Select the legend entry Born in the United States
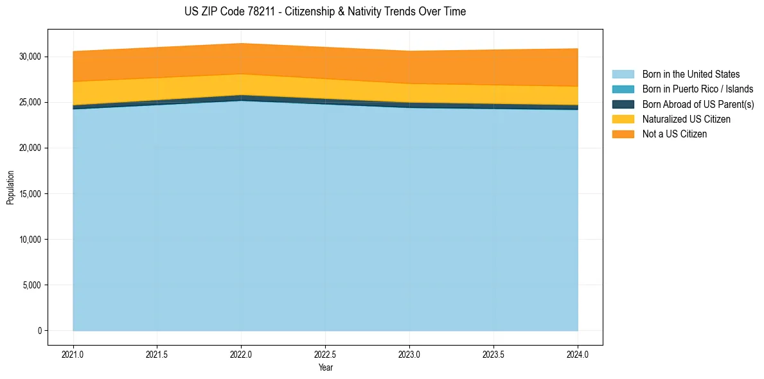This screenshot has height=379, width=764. [x=691, y=75]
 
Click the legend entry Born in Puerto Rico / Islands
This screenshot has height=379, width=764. [x=698, y=89]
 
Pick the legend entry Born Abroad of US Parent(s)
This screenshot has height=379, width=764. [x=698, y=104]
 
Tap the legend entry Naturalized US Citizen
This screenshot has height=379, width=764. [x=686, y=119]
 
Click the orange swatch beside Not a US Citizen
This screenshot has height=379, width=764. [x=623, y=134]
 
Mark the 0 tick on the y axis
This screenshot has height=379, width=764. [x=39, y=331]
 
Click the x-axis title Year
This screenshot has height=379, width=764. [x=325, y=367]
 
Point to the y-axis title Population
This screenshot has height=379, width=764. [x=10, y=188]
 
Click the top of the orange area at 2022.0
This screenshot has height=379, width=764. [x=241, y=44]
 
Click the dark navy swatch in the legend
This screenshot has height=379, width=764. [x=623, y=104]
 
